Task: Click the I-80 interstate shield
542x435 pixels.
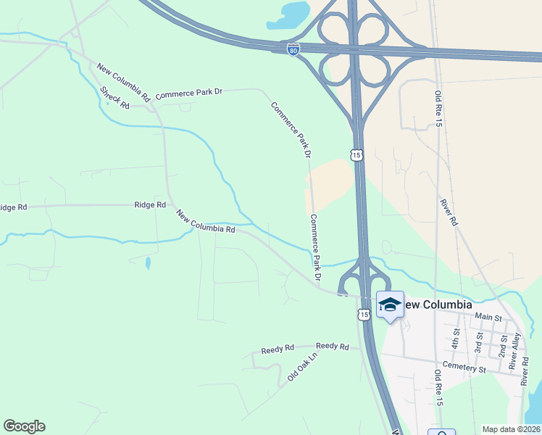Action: click(293, 50)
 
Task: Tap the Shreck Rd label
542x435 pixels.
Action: click(114, 98)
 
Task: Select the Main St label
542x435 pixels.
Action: click(488, 316)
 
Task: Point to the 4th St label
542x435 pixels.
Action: click(456, 337)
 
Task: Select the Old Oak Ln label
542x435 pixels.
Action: click(302, 367)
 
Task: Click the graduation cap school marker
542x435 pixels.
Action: click(390, 305)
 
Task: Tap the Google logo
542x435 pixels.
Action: click(24, 426)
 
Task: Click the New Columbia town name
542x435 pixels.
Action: click(437, 304)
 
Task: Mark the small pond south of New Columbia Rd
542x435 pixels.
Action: click(148, 262)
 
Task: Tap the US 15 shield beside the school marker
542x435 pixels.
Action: click(363, 314)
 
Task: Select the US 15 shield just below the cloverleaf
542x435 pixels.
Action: click(355, 155)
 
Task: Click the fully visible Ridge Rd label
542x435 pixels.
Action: click(150, 205)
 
